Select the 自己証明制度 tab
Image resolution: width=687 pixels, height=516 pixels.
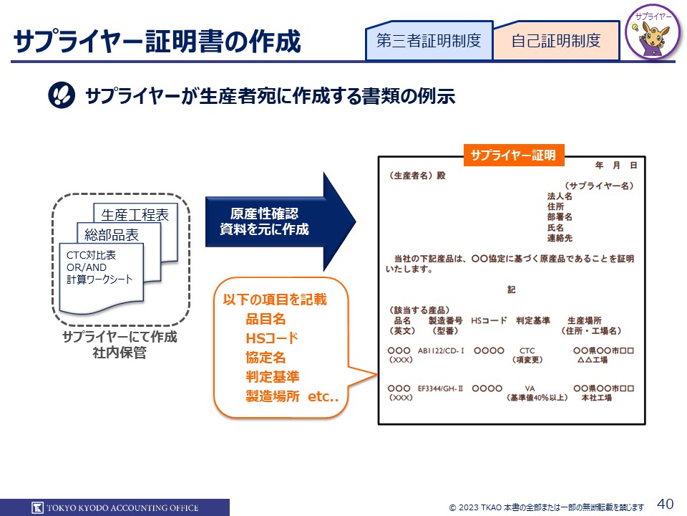click(556, 41)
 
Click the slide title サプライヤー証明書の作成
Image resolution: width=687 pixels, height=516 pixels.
click(157, 42)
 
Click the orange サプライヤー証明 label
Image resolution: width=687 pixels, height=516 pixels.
click(514, 155)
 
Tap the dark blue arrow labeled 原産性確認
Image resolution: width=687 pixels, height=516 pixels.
click(272, 221)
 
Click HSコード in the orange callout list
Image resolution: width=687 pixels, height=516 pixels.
click(271, 338)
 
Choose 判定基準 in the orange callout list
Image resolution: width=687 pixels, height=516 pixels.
click(272, 376)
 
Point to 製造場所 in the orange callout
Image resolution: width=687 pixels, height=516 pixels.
click(272, 396)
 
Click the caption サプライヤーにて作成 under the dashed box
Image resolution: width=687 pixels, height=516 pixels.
click(120, 338)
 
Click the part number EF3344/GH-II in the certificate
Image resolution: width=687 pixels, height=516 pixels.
click(441, 388)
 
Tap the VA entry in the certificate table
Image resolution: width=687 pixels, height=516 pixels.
click(530, 388)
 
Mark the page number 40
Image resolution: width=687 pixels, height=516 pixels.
click(665, 504)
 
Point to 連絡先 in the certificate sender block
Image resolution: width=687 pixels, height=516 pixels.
click(560, 237)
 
